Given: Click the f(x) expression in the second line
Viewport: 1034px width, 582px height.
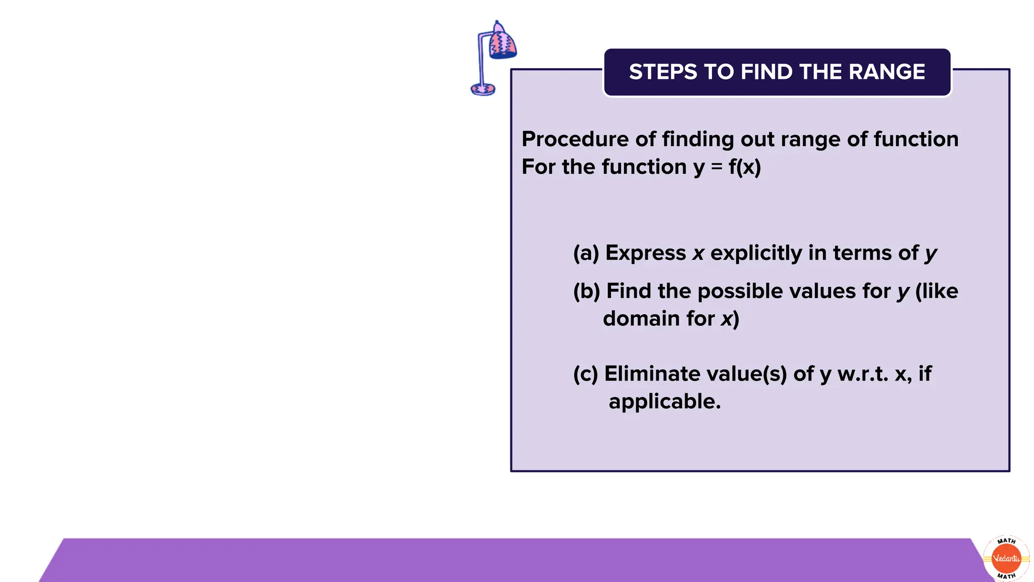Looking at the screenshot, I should point(744,167).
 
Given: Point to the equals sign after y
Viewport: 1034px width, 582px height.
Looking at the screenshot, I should point(716,167).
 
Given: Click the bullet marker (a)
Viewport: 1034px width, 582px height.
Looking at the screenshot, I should point(586,253).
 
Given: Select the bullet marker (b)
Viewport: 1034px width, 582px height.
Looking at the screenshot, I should point(586,292).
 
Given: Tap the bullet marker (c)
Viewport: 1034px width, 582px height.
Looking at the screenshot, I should point(585,374).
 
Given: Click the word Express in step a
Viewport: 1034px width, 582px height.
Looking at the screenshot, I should point(645,253).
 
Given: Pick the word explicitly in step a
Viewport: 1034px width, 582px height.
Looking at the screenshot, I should point(756,253).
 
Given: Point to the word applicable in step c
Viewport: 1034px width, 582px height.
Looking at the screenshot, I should point(664,402).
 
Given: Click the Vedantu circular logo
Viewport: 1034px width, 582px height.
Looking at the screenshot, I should point(1006,558).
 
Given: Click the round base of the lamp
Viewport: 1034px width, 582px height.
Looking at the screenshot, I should point(483,89).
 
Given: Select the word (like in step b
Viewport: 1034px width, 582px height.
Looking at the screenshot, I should point(937,292).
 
